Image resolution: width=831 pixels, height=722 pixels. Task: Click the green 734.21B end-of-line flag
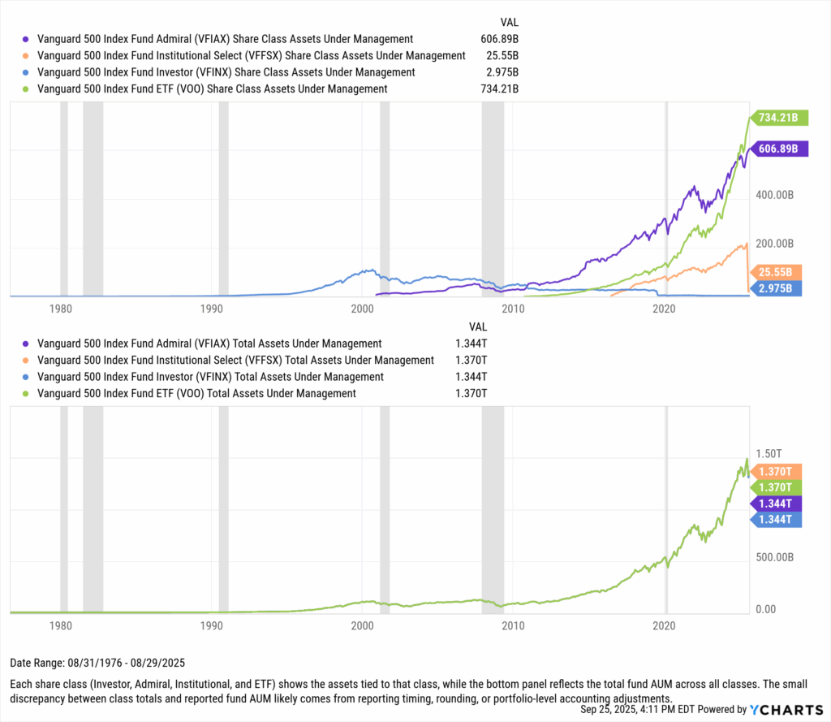pyautogui.click(x=777, y=119)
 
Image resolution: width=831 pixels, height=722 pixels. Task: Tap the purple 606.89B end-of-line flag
pyautogui.click(x=777, y=149)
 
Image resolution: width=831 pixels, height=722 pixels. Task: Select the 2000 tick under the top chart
pyautogui.click(x=362, y=309)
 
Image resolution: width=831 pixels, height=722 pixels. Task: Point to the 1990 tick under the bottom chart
pyautogui.click(x=211, y=625)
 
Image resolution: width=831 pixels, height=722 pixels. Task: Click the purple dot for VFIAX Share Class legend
pyautogui.click(x=27, y=39)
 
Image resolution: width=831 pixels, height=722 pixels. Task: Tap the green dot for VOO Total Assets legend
pyautogui.click(x=27, y=394)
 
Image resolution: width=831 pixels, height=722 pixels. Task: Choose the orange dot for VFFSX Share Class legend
pyautogui.click(x=27, y=56)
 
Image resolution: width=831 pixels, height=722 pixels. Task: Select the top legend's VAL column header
pyautogui.click(x=509, y=22)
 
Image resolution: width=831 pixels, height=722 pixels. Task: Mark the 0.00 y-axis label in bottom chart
pyautogui.click(x=769, y=609)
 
